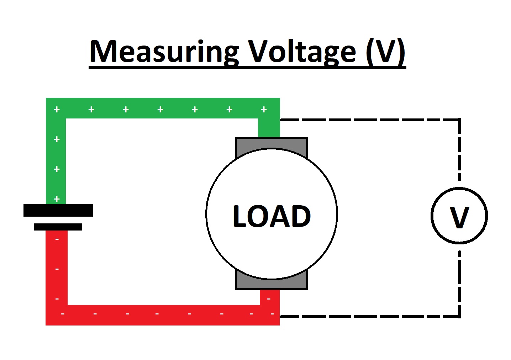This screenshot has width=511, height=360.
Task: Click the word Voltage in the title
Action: click(x=302, y=52)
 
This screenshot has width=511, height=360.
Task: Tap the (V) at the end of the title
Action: click(x=386, y=52)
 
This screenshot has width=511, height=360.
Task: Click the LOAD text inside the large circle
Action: click(x=272, y=216)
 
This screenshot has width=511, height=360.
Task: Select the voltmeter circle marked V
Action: click(x=459, y=216)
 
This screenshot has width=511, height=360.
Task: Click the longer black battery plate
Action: click(x=58, y=210)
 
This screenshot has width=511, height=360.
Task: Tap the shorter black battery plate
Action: click(x=58, y=227)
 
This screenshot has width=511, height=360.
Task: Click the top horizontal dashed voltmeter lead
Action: click(x=370, y=120)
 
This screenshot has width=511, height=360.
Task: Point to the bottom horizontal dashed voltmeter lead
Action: click(x=370, y=316)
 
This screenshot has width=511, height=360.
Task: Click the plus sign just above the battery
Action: click(x=57, y=199)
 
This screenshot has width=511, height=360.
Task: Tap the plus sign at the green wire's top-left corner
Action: click(x=57, y=109)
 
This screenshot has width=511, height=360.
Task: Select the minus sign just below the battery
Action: click(x=57, y=239)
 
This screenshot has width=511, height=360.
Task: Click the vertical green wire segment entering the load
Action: click(x=269, y=128)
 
